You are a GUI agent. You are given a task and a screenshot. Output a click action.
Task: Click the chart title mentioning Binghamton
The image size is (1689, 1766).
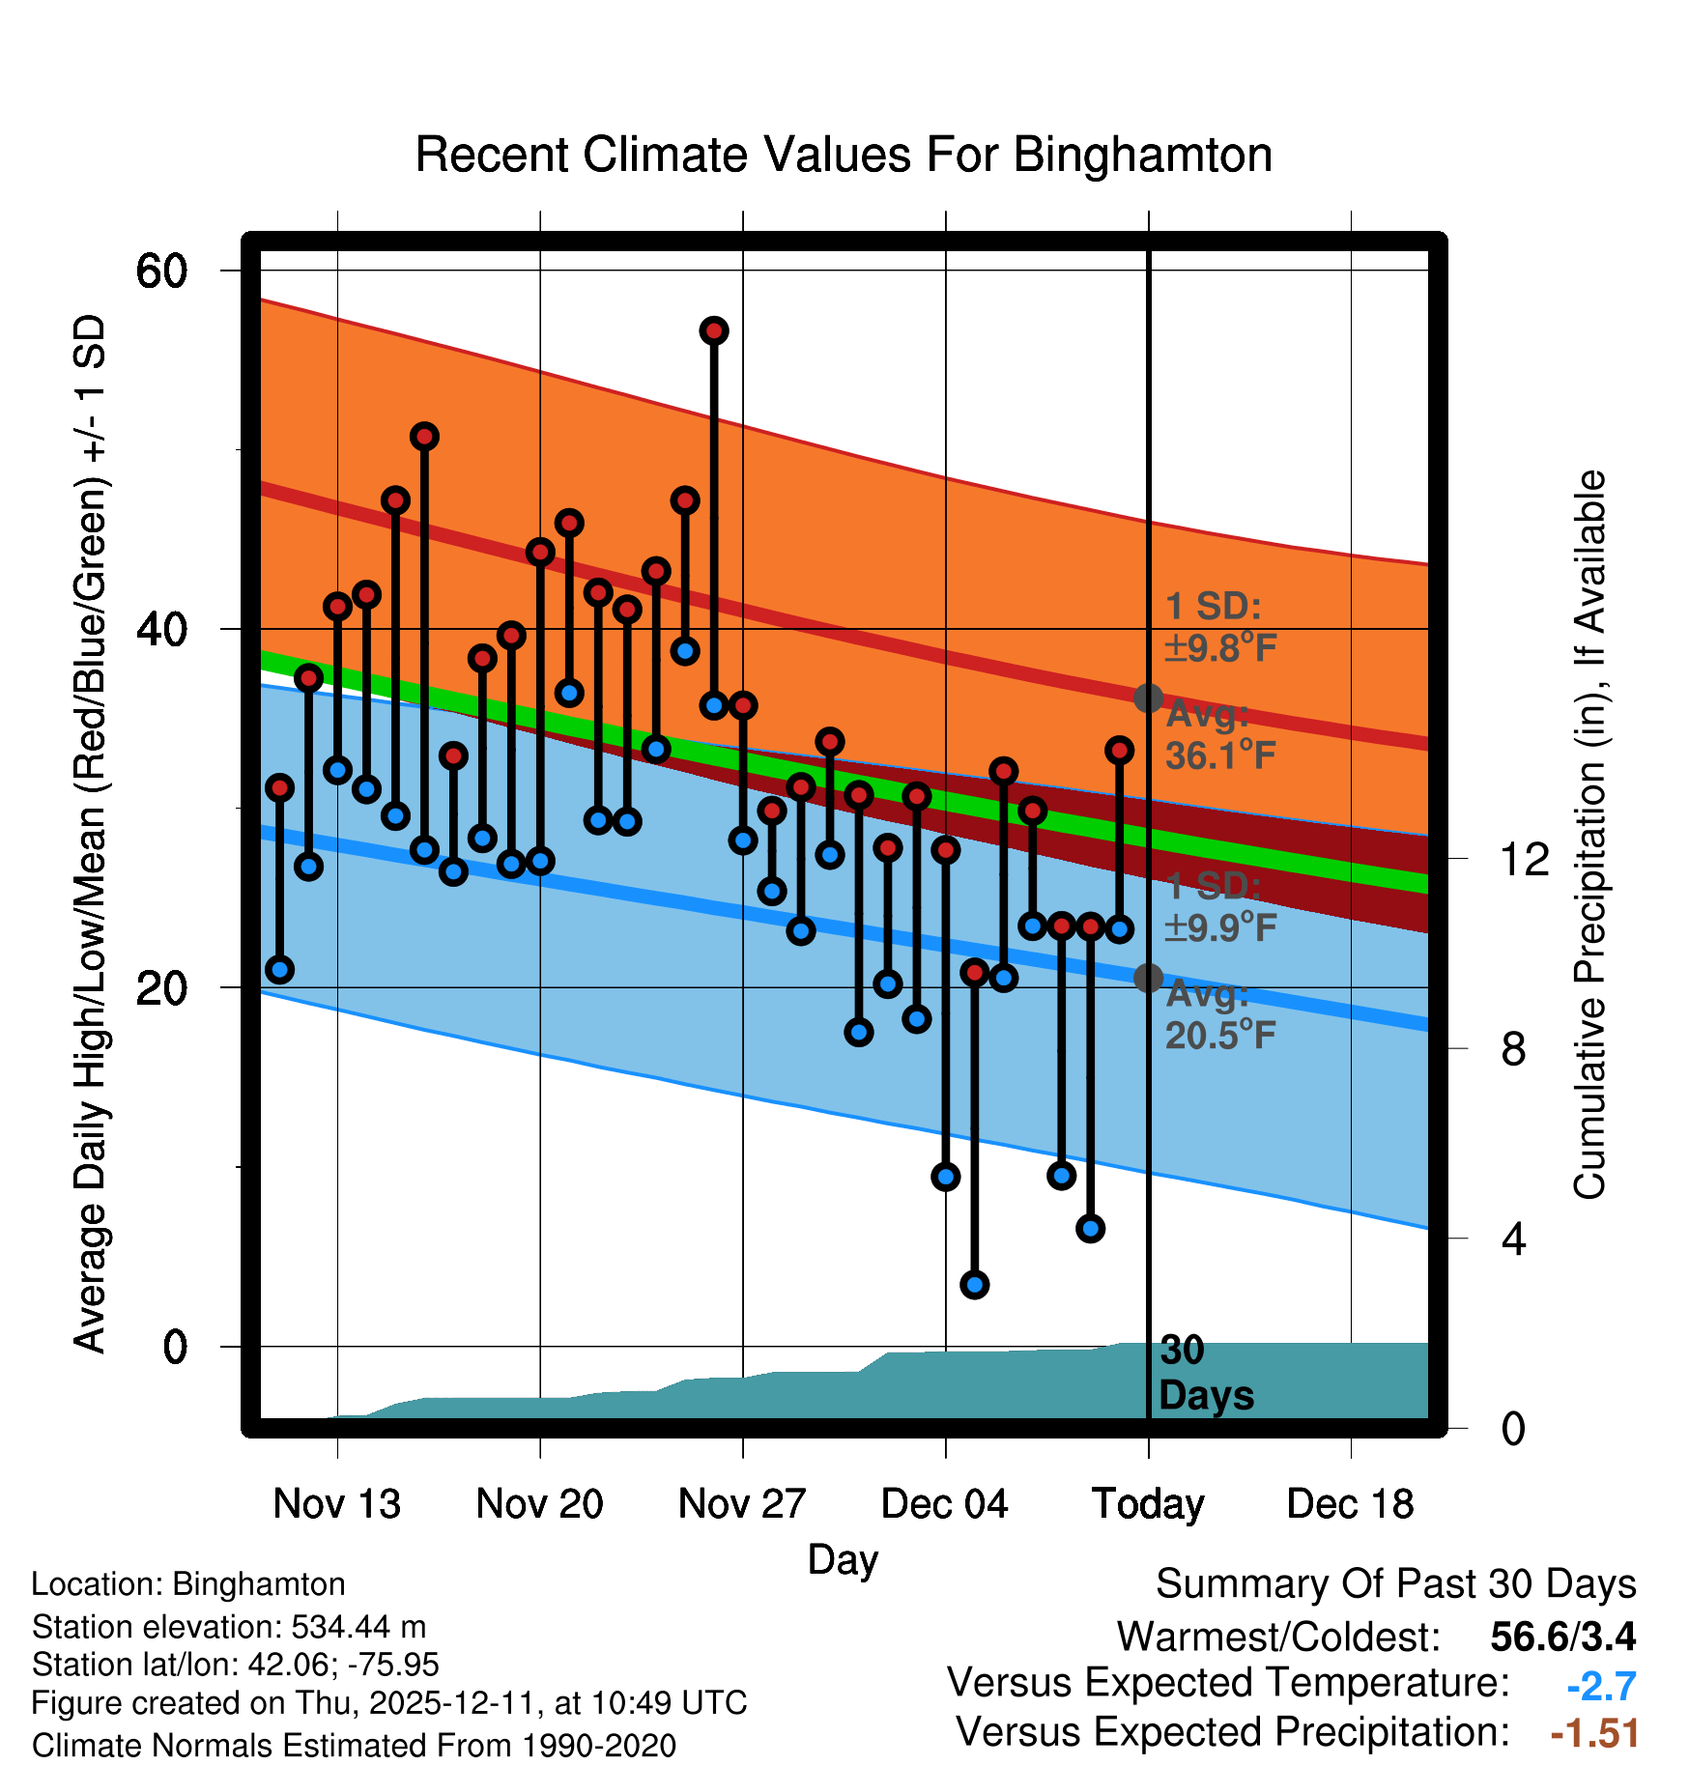coord(844,155)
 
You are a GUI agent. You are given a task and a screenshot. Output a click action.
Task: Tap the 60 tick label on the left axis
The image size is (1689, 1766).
coord(161,271)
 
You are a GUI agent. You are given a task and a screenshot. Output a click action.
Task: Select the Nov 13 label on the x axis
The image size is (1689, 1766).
coord(336,1503)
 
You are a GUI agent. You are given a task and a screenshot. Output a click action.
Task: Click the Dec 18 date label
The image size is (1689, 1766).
coord(1350,1503)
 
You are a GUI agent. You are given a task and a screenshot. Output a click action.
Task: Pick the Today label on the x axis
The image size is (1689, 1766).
coord(1148,1503)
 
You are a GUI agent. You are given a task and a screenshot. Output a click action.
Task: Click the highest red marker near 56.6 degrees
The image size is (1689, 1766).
coord(714,331)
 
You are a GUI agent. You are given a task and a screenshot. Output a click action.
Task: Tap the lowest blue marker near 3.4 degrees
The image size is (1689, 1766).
coord(974,1284)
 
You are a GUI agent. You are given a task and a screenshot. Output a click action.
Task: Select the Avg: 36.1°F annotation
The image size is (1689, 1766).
coord(1219,735)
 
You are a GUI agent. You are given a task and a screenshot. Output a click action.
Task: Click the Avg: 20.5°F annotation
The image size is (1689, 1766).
coord(1219,1014)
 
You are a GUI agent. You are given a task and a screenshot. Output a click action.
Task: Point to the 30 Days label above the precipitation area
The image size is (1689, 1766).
coord(1205,1373)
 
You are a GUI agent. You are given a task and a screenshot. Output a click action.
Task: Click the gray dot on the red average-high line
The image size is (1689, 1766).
coord(1148,698)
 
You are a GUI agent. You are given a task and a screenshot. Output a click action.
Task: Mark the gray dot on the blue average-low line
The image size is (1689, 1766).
coord(1148,978)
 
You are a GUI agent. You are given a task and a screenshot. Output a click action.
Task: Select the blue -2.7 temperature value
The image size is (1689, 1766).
coord(1601,1687)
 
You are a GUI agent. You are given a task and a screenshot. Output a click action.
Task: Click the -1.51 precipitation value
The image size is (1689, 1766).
coord(1594,1733)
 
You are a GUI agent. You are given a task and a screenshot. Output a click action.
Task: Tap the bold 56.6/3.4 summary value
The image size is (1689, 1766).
coord(1562,1637)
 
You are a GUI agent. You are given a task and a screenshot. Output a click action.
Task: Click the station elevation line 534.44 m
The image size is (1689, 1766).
coord(229,1627)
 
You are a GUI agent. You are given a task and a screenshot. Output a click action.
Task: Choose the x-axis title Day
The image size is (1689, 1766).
coord(843,1559)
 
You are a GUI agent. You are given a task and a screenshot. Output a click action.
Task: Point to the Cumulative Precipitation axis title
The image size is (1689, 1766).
coord(1589,835)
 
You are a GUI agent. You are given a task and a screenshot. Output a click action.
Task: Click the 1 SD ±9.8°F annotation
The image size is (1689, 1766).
coord(1219,627)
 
